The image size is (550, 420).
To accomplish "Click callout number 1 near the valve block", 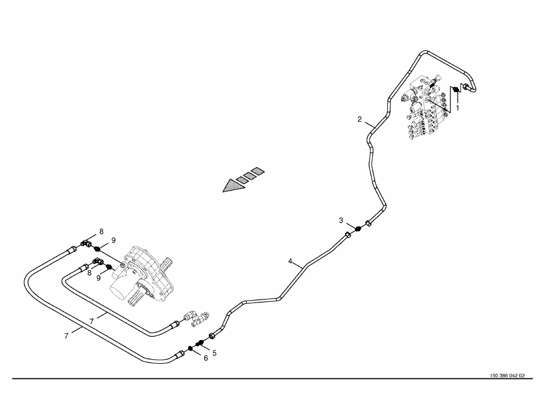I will tap(457, 107).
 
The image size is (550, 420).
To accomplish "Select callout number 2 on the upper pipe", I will tap(360, 120).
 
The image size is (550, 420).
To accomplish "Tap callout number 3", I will tap(342, 220).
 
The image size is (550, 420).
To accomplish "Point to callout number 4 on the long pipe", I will tap(290, 261).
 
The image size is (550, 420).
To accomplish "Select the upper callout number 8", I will tap(101, 231).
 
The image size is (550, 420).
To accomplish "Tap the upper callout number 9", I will tap(114, 240).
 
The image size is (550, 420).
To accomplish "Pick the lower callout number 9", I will tap(98, 278).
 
